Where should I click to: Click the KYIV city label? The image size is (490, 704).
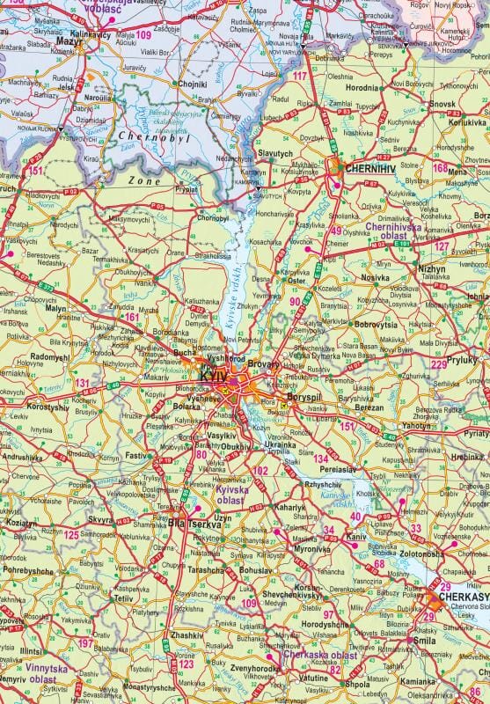[214, 376]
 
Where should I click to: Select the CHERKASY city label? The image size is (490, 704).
[464, 597]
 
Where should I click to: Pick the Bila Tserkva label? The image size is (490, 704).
[189, 524]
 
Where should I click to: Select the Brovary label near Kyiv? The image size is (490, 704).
[263, 363]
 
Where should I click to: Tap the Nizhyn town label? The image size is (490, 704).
[432, 268]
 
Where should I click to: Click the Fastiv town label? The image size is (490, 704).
[137, 456]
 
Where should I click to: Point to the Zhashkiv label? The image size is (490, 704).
[187, 634]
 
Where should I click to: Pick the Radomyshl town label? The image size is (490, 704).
[49, 357]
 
